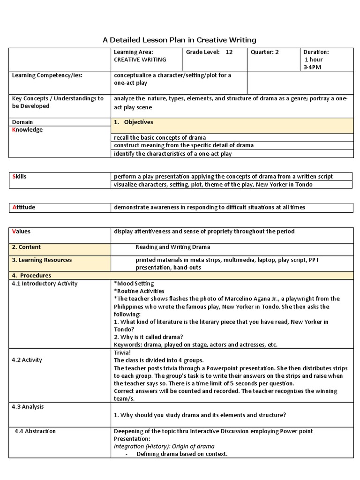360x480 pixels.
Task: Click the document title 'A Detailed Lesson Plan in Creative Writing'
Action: click(x=180, y=40)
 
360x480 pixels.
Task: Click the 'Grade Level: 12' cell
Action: click(x=209, y=52)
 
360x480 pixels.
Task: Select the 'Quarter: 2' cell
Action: click(x=265, y=52)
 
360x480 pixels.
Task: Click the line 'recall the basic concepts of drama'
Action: click(x=160, y=138)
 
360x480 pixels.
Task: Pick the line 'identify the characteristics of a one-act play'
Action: click(x=172, y=153)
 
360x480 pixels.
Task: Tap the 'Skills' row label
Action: click(x=19, y=176)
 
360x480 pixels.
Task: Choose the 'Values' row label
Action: click(x=21, y=231)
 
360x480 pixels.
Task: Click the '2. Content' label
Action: click(x=26, y=247)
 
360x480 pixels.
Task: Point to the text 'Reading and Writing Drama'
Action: click(x=173, y=247)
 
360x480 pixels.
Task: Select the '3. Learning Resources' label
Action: click(x=42, y=260)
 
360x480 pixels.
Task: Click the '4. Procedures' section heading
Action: click(x=31, y=276)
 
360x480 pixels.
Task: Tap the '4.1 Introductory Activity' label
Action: click(x=45, y=284)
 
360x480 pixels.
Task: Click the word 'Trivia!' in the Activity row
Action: click(x=123, y=352)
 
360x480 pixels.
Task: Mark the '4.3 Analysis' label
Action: click(x=28, y=407)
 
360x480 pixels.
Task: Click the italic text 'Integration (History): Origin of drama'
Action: click(x=164, y=447)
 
